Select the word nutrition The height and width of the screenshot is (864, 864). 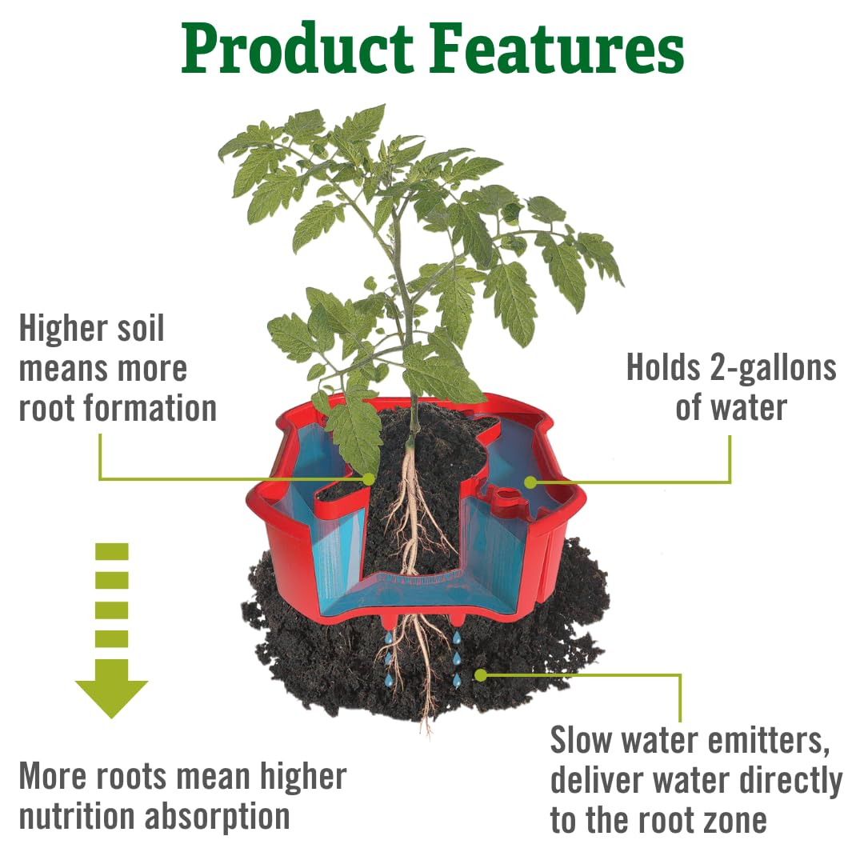pyautogui.click(x=76, y=817)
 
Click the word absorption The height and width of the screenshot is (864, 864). pyautogui.click(x=217, y=817)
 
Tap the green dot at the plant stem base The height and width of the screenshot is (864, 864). pyautogui.click(x=368, y=479)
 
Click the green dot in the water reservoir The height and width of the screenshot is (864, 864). pyautogui.click(x=530, y=482)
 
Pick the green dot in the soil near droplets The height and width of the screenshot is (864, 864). pyautogui.click(x=480, y=675)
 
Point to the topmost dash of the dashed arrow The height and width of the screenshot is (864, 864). pyautogui.click(x=111, y=551)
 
